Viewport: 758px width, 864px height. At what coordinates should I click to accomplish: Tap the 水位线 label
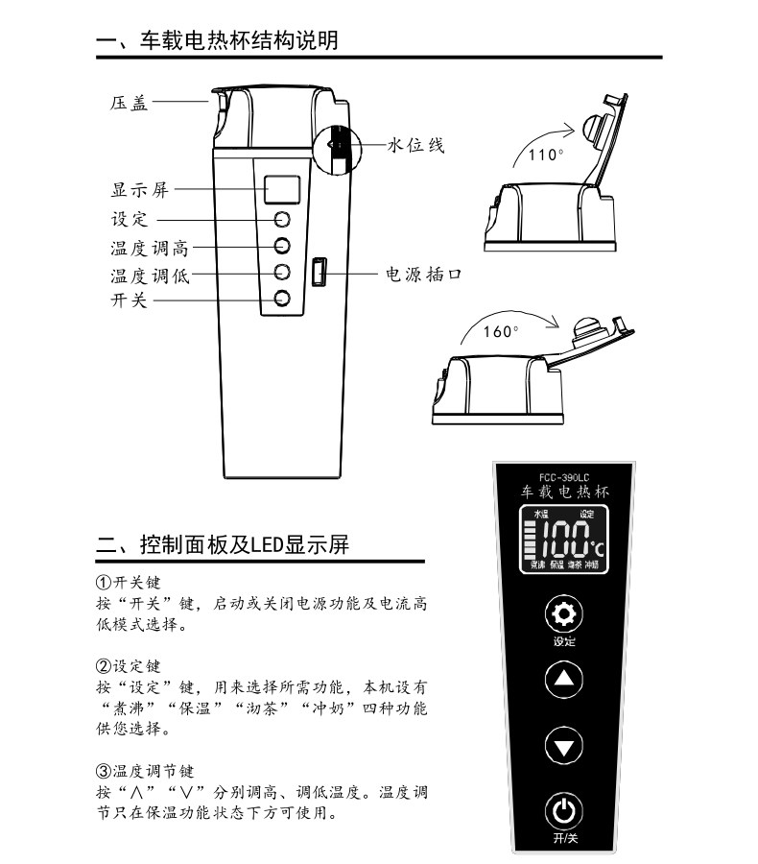[415, 146]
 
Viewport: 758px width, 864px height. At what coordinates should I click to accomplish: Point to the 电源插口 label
[423, 275]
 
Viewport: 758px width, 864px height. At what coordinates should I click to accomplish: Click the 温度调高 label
[149, 249]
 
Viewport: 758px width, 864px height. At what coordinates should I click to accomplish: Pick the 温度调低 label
[149, 276]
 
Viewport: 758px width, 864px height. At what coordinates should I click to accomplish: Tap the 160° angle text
[500, 331]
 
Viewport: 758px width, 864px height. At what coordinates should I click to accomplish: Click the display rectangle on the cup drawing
[282, 188]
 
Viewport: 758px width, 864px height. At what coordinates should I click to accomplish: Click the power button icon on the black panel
[564, 812]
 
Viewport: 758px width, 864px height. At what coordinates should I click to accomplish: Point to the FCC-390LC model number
[564, 475]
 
